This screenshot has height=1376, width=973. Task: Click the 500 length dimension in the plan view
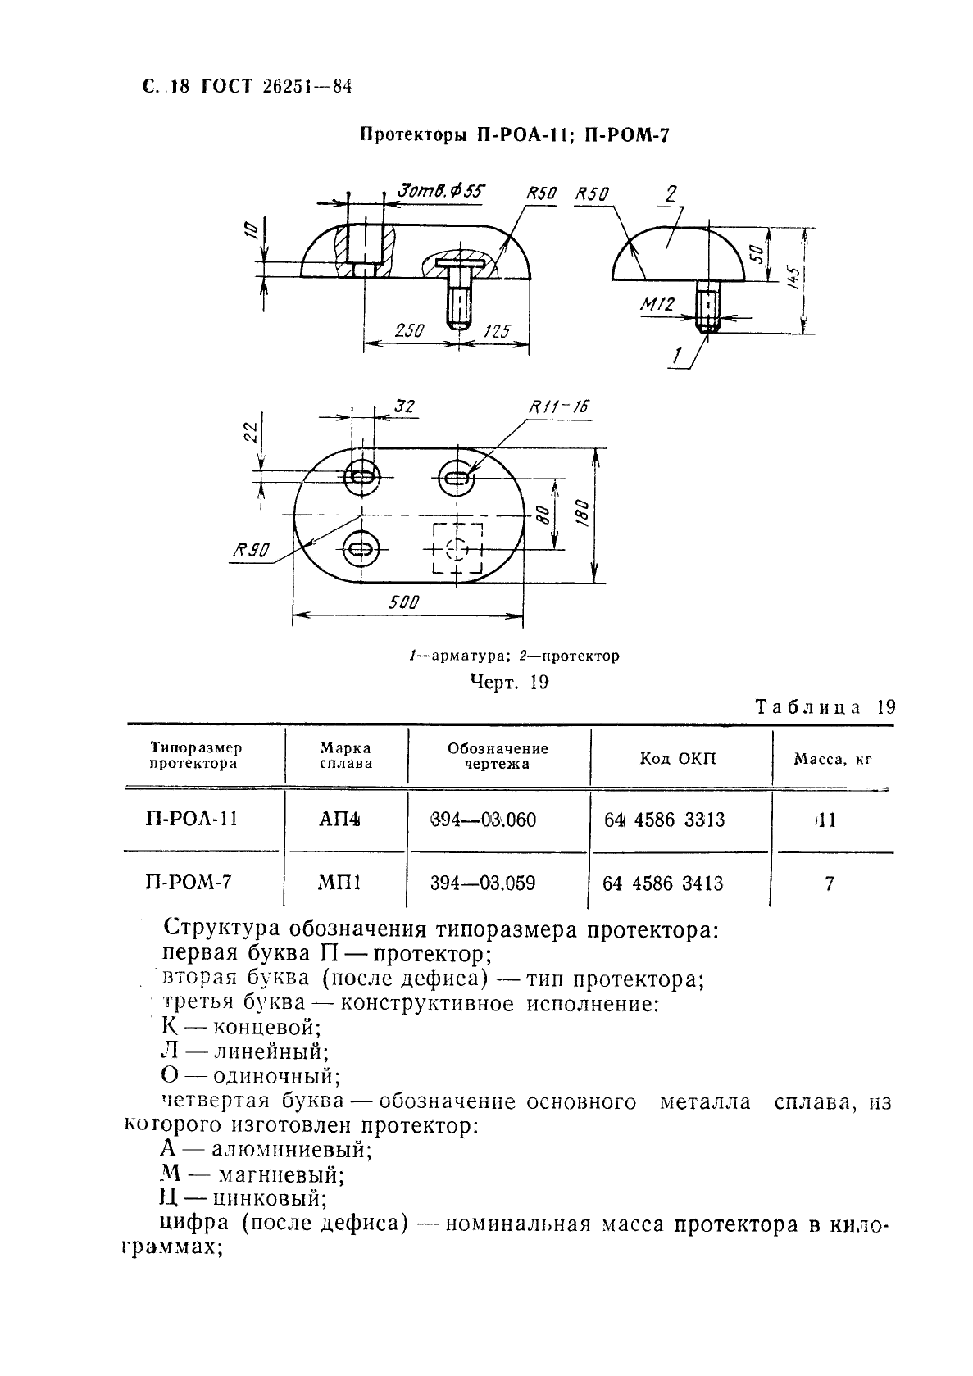coord(404,602)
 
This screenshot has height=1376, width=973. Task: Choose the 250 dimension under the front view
coord(408,331)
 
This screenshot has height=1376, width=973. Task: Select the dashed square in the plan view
coord(457,548)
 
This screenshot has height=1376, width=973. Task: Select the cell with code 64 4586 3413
coord(663,883)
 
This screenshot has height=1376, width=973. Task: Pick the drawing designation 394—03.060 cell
coord(483,820)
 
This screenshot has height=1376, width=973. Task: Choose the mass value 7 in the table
coord(830,883)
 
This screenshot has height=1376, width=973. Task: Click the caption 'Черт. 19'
coord(509,683)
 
